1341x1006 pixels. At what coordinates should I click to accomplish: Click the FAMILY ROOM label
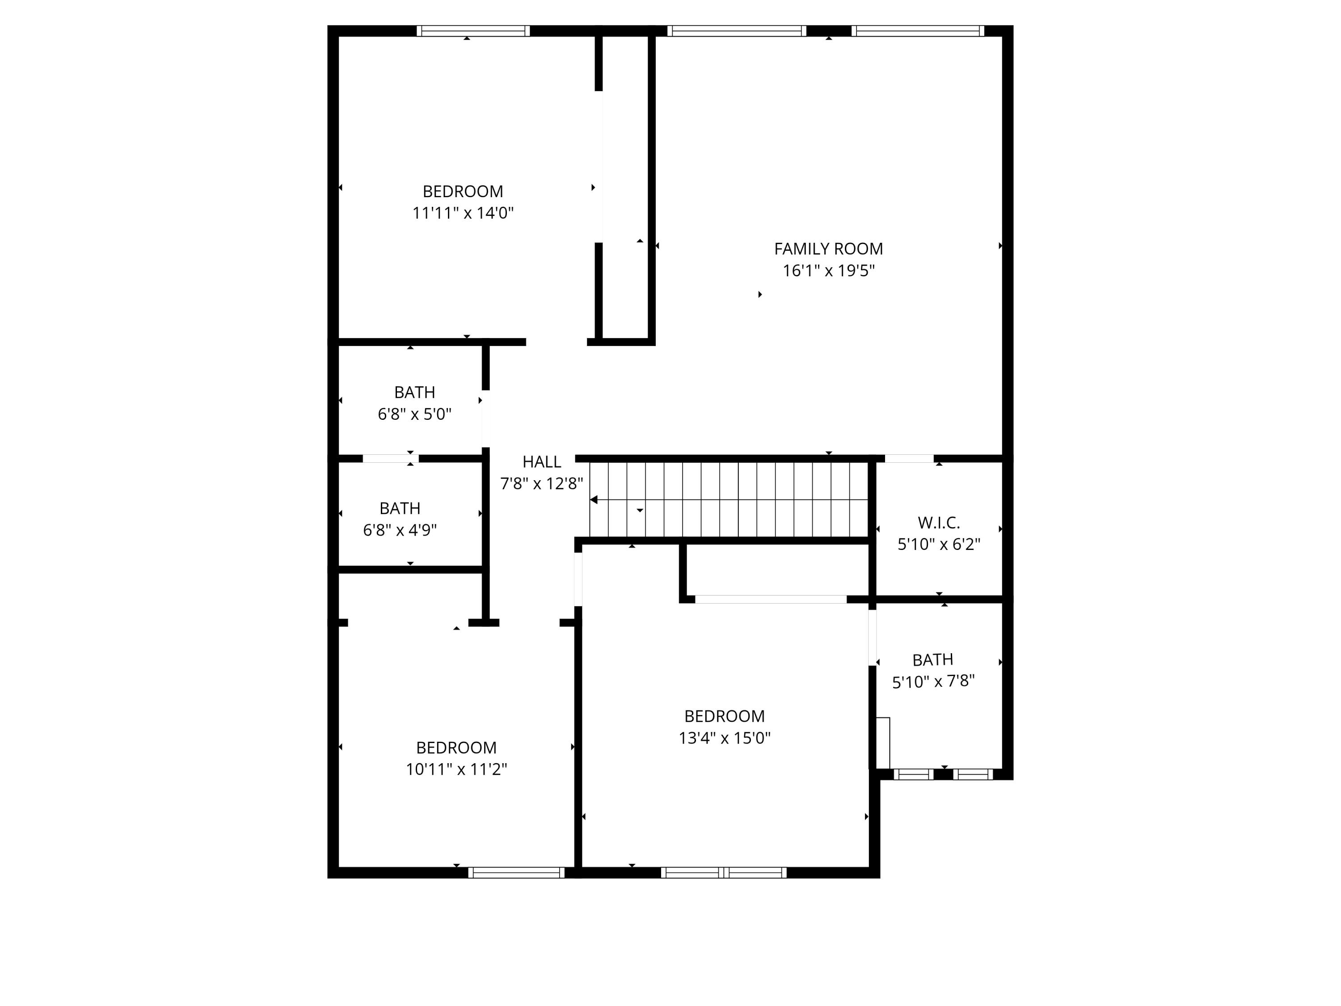click(x=828, y=249)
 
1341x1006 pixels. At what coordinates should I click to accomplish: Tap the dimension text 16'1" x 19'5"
click(x=828, y=271)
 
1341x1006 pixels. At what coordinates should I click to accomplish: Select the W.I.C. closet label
click(x=938, y=522)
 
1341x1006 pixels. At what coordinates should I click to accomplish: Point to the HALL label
click(x=541, y=462)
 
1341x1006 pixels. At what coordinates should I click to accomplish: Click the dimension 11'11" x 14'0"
click(x=463, y=213)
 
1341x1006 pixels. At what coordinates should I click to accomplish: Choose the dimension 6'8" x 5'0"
click(x=415, y=414)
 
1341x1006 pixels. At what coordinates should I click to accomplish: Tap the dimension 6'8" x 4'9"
click(x=400, y=530)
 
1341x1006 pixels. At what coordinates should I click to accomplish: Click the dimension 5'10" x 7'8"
click(x=933, y=681)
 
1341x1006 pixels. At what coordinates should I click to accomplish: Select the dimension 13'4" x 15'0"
click(x=725, y=738)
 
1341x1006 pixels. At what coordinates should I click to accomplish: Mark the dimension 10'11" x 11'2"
click(x=456, y=769)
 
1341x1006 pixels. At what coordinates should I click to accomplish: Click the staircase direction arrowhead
click(x=594, y=500)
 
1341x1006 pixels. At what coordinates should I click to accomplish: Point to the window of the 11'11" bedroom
click(x=473, y=31)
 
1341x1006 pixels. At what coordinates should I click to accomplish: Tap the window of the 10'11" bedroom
click(x=516, y=873)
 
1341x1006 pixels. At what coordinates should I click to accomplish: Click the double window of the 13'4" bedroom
click(x=723, y=873)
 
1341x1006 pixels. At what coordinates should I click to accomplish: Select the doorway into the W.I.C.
click(x=909, y=458)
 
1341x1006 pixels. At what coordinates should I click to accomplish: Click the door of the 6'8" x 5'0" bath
click(x=485, y=418)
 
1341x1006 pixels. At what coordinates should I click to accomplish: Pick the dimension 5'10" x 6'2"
click(x=938, y=544)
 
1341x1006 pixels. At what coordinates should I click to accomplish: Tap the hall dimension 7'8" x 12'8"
click(x=541, y=483)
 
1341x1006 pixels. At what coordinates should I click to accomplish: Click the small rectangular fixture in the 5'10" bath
click(x=883, y=743)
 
